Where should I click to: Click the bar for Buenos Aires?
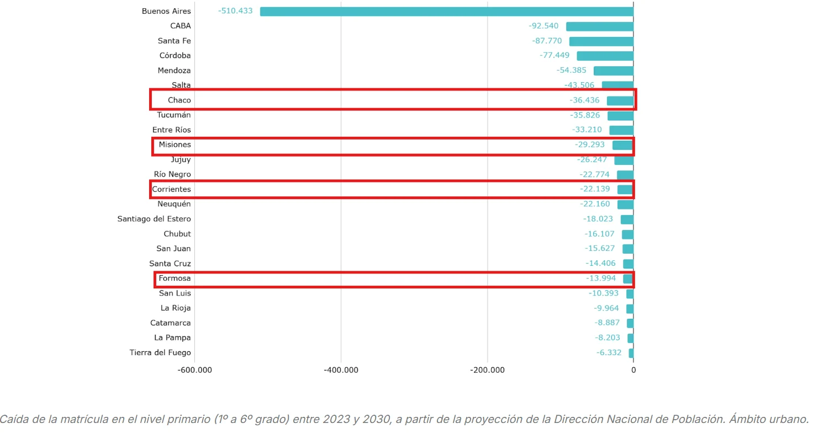[446, 11]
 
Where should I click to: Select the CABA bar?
[600, 26]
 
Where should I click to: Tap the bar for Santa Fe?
[601, 41]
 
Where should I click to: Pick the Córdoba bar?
[605, 56]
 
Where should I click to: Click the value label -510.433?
[235, 11]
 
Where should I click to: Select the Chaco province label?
[179, 100]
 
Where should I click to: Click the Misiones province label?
[175, 145]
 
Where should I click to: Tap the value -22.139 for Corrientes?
[594, 189]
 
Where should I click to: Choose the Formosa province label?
[175, 278]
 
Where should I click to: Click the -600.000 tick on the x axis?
[195, 370]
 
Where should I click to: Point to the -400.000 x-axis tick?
[341, 370]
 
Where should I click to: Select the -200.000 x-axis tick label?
[487, 370]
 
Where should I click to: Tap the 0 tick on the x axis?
[633, 370]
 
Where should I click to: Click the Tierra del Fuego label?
[160, 352]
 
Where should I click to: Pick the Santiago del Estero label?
[154, 219]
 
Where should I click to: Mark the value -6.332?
[609, 352]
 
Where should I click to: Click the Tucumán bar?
[620, 116]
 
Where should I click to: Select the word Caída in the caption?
[12, 419]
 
